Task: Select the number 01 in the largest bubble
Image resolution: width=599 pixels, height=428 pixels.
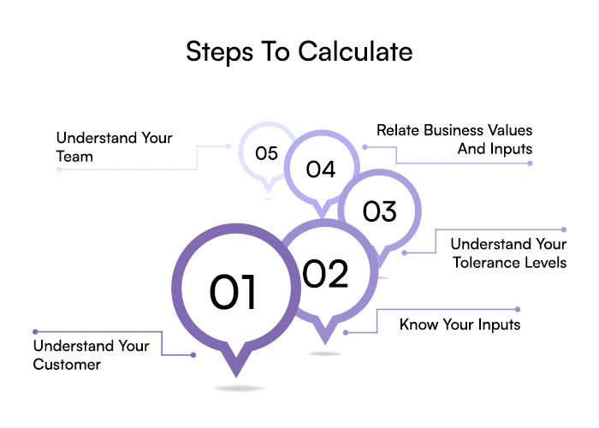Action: click(x=234, y=293)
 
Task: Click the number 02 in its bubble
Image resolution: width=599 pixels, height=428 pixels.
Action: click(x=325, y=274)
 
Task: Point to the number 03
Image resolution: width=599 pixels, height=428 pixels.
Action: click(x=379, y=211)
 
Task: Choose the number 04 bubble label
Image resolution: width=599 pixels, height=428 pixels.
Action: click(x=320, y=169)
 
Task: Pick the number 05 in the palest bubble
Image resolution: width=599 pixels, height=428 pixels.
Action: click(x=267, y=153)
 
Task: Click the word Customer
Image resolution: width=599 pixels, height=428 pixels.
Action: click(x=68, y=365)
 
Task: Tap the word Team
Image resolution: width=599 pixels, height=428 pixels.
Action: click(x=74, y=157)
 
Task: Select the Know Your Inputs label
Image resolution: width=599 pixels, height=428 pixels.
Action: click(x=460, y=325)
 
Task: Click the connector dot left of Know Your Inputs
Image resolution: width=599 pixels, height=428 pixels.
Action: click(x=346, y=331)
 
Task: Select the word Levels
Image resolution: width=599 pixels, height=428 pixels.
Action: click(x=546, y=263)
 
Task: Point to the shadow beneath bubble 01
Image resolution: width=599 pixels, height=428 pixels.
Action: click(x=237, y=389)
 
